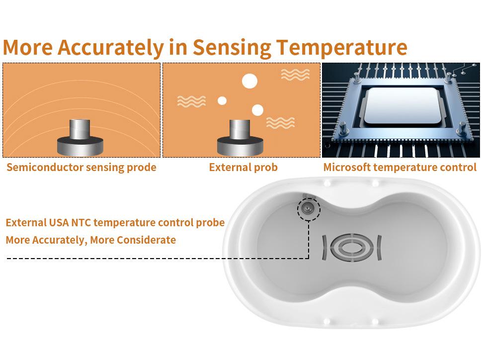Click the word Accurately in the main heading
click(110, 47)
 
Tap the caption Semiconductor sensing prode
click(81, 167)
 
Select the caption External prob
click(243, 167)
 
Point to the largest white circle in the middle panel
click(249, 81)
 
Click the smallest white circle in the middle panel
click(222, 101)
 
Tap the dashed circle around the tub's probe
click(309, 208)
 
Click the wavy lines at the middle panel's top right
click(295, 75)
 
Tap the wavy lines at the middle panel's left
click(191, 101)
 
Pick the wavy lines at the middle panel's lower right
click(280, 123)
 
